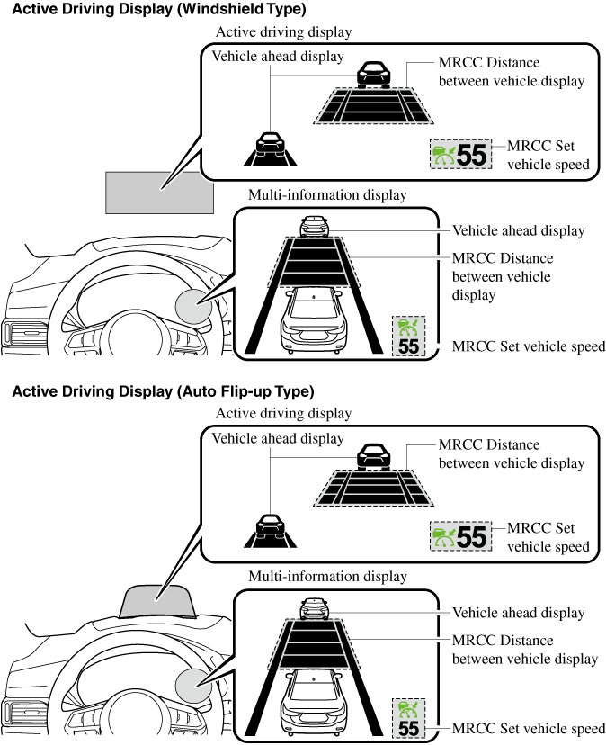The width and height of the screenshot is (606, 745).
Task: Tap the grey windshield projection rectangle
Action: pos(159,191)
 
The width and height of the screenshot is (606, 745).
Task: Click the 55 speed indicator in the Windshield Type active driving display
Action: pos(459,155)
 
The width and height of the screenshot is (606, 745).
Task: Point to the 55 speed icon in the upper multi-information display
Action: pos(408,336)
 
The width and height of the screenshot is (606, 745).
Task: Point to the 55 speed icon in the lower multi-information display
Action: pos(408,717)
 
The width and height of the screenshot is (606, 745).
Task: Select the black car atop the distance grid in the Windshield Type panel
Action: pos(372,74)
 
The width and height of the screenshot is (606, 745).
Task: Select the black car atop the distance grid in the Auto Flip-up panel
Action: pos(372,456)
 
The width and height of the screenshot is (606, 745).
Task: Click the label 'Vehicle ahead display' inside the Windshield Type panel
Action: pos(278,56)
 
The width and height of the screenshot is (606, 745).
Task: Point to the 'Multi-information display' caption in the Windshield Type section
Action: pos(327,194)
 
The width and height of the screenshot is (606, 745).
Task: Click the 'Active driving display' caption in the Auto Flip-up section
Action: pos(283,413)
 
